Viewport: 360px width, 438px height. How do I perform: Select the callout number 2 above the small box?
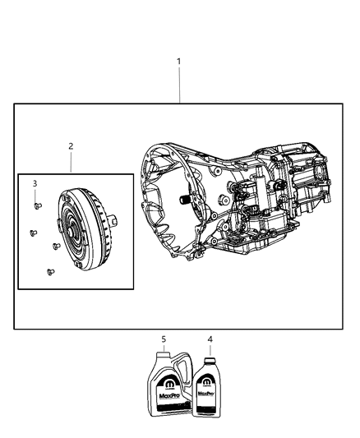pos(71,146)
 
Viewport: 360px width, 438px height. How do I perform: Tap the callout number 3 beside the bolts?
pos(35,182)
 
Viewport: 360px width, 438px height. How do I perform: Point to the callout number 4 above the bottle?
pos(210,339)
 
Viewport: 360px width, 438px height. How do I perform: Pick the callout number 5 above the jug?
pos(164,339)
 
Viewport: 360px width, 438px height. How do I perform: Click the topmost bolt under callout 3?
pos(36,205)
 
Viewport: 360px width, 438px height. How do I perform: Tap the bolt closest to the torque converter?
pos(55,245)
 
